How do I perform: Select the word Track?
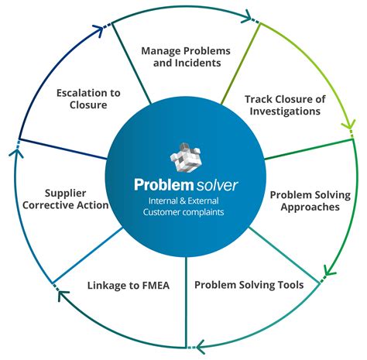(x=259, y=98)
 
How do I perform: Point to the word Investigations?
(x=282, y=111)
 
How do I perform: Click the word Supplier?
(x=65, y=192)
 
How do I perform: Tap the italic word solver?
(x=217, y=186)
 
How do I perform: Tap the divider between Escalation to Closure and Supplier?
(x=62, y=149)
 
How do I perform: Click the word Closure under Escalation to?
(x=88, y=105)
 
